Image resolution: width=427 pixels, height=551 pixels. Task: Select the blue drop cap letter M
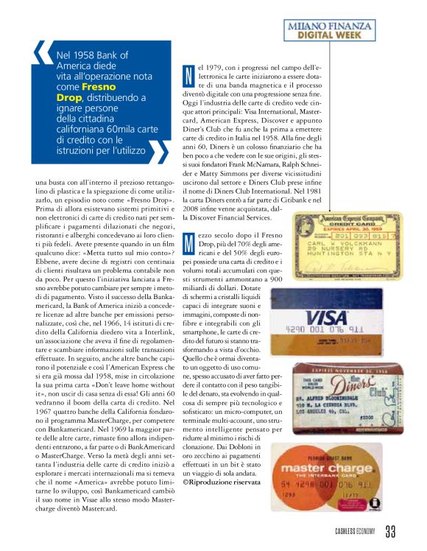click(x=189, y=239)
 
